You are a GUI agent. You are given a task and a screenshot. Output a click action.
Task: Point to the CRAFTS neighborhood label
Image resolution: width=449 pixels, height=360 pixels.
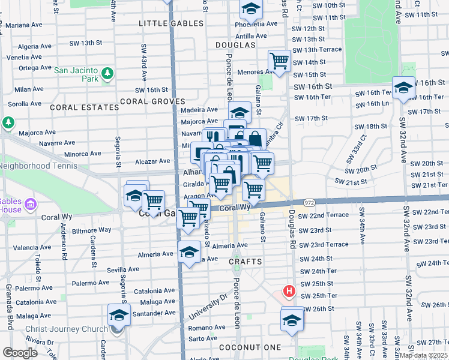[x=246, y=262]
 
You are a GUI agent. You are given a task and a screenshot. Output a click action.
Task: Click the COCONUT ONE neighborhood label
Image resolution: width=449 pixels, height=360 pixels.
[x=250, y=347]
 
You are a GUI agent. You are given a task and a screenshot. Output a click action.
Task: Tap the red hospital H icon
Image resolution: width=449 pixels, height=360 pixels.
[x=289, y=292]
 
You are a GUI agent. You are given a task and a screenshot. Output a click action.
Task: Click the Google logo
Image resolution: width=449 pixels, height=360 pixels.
[x=20, y=352]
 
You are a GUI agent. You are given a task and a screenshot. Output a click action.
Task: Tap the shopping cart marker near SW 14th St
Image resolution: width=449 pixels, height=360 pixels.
[x=279, y=61]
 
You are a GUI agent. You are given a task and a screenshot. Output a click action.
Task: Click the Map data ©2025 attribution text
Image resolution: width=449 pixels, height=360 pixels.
[x=423, y=355]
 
